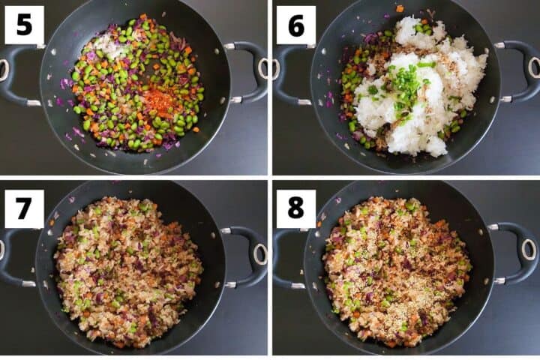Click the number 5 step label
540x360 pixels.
click(24, 25)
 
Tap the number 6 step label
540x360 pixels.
click(295, 25)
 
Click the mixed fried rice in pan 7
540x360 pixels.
click(127, 270)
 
